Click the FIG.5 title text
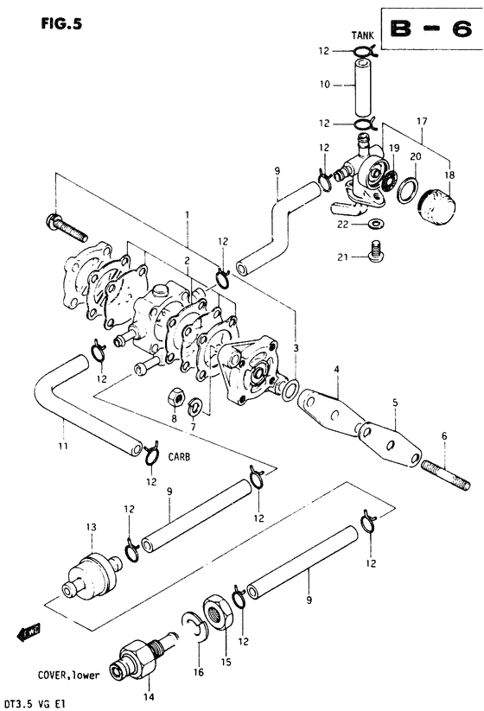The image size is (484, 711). pyautogui.click(x=61, y=23)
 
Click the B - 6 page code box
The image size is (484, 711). pyautogui.click(x=432, y=29)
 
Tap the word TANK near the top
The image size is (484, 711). pyautogui.click(x=362, y=35)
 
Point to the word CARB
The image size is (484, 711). pyautogui.click(x=179, y=457)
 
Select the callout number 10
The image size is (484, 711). pyautogui.click(x=325, y=85)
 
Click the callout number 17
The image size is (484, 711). pyautogui.click(x=422, y=122)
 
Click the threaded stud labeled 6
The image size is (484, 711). pyautogui.click(x=446, y=475)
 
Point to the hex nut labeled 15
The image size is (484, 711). pyautogui.click(x=219, y=613)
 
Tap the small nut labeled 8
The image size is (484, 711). pyautogui.click(x=175, y=398)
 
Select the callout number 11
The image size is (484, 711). pyautogui.click(x=63, y=446)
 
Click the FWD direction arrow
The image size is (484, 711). pyautogui.click(x=29, y=631)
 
